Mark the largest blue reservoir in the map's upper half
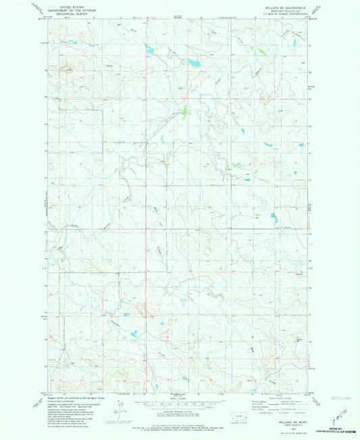click(194, 64)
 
